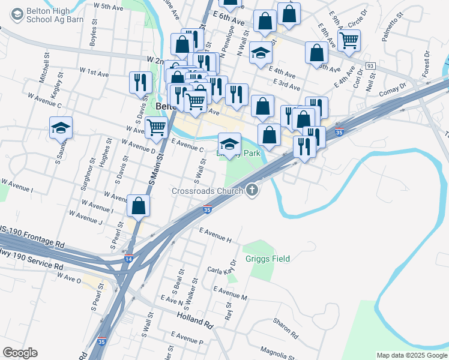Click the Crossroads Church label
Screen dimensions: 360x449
click(208, 191)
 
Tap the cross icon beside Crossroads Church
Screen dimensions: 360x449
click(252, 191)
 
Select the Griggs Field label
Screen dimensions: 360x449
click(268, 259)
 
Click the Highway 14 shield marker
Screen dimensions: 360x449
click(128, 258)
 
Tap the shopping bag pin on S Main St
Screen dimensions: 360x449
click(138, 206)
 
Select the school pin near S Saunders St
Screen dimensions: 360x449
click(61, 128)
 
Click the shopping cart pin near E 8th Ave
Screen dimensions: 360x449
click(348, 41)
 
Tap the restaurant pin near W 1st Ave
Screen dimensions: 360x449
click(141, 83)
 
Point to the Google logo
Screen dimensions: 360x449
click(20, 353)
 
